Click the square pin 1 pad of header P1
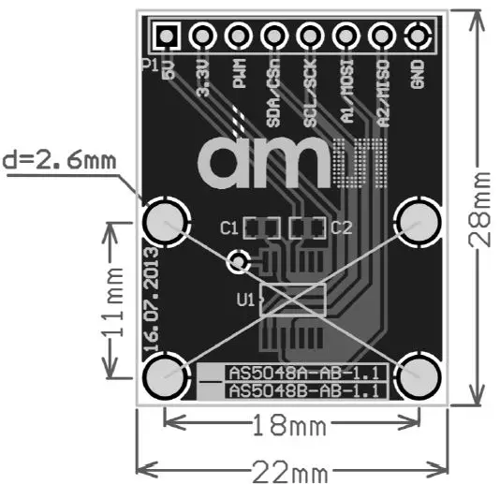(x=167, y=37)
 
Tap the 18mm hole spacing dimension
(x=289, y=426)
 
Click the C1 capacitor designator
(x=228, y=227)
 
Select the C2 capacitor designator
(x=341, y=227)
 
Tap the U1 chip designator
(x=246, y=301)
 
